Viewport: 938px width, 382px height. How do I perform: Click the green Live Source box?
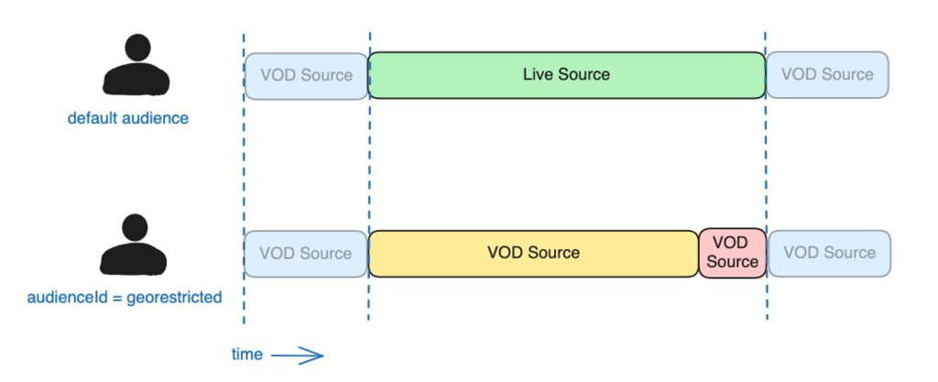pos(566,75)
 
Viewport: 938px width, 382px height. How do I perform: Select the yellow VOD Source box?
pos(533,253)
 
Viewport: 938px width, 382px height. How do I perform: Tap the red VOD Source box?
pos(732,253)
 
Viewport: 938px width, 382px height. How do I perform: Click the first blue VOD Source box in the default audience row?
pos(306,75)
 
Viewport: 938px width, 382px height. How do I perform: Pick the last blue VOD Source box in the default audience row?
pos(827,75)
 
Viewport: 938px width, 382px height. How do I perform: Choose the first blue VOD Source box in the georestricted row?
pos(306,253)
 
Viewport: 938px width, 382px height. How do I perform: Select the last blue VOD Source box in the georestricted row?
pos(829,253)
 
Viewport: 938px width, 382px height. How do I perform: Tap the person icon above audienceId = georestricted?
pos(135,246)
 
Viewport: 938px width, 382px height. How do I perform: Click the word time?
pos(247,355)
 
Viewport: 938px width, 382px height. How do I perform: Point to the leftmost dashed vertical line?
pos(244,183)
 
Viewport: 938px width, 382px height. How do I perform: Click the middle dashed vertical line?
pos(369,183)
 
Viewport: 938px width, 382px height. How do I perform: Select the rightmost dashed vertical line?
pos(767,183)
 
